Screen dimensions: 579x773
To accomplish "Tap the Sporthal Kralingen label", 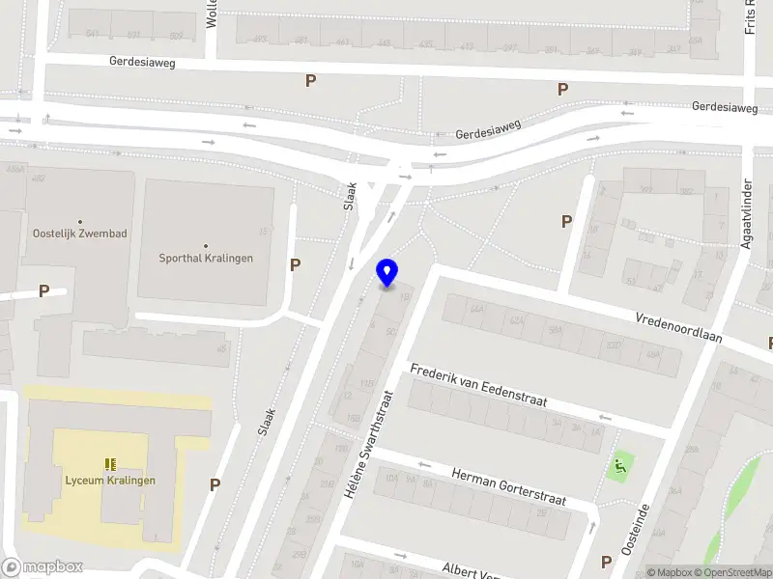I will tap(206, 259).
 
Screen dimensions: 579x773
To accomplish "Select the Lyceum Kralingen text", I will tap(109, 481).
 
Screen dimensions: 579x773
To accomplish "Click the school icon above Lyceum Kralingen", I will tap(110, 464).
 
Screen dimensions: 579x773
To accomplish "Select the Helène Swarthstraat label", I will tap(366, 443).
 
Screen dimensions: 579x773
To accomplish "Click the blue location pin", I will tap(387, 273).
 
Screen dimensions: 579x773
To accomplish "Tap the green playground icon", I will tap(618, 469).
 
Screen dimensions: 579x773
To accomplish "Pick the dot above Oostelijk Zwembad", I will tap(79, 221).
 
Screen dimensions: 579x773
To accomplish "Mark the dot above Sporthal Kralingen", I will tap(206, 245).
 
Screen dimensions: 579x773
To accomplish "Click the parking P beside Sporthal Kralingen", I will tap(296, 264).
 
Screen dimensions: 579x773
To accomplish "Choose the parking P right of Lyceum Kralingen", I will tap(215, 485).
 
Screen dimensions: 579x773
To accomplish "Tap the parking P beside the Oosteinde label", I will tap(607, 562).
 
